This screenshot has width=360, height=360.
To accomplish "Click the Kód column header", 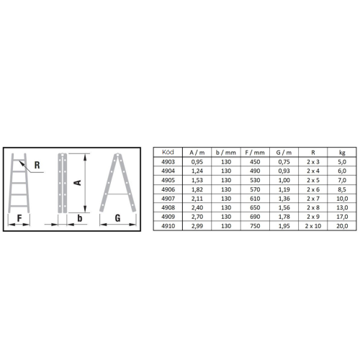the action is click(x=168, y=152).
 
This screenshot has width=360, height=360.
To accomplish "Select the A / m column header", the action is click(x=197, y=153).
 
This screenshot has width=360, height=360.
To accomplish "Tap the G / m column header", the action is click(x=284, y=153).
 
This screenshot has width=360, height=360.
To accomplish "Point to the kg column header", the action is click(x=342, y=153).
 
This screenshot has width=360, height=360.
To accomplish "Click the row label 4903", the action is click(x=168, y=162).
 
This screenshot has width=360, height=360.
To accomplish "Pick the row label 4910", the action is click(x=168, y=226).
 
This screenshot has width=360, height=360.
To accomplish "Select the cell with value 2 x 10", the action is click(x=313, y=226).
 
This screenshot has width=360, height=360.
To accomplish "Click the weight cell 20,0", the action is click(x=342, y=226).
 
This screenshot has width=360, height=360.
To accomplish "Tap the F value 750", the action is click(x=255, y=226).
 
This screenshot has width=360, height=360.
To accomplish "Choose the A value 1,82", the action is click(x=197, y=189).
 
